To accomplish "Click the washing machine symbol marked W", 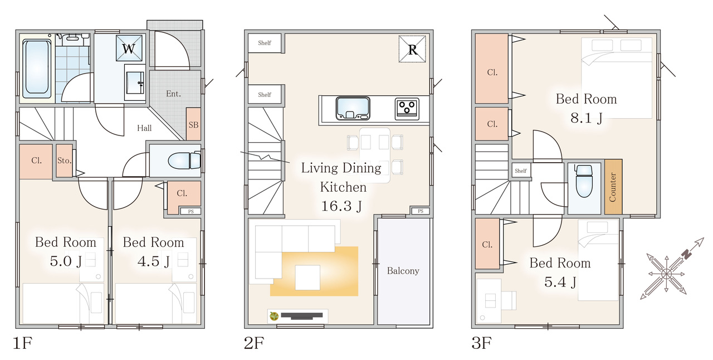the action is tap(129, 48).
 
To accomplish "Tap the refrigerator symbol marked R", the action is tap(412, 49).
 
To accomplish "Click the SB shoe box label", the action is tap(193, 125).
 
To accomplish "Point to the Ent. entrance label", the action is tap(173, 94).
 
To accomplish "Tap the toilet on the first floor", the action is tap(184, 161).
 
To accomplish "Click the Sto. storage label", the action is tap(64, 160).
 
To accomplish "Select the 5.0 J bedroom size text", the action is tap(66, 261).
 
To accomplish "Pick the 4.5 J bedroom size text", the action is tap(153, 261).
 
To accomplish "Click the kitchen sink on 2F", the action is tap(353, 108).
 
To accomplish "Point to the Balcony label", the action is tap(403, 271).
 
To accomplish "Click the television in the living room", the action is tap(301, 316).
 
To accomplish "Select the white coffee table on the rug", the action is tap(307, 277).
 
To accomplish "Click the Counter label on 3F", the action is tap(613, 187).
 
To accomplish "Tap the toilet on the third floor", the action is tap(584, 181).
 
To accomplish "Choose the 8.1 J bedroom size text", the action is tap(587, 118).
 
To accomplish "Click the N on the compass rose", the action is tap(687, 254).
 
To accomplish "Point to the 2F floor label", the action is tap(253, 343).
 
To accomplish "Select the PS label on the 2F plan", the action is tap(421, 211).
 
